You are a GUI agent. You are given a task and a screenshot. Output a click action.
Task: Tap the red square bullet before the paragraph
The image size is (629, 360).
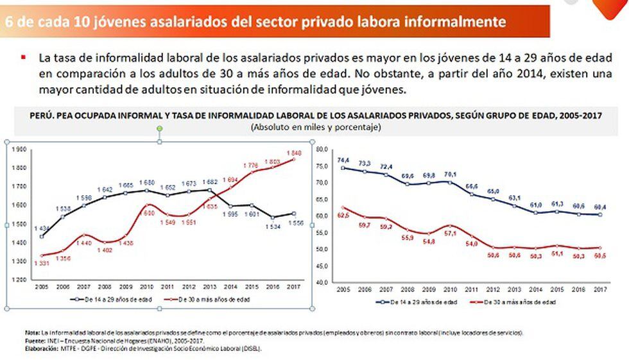[24, 57]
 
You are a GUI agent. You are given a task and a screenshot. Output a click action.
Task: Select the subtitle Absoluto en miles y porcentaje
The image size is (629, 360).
[316, 128]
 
